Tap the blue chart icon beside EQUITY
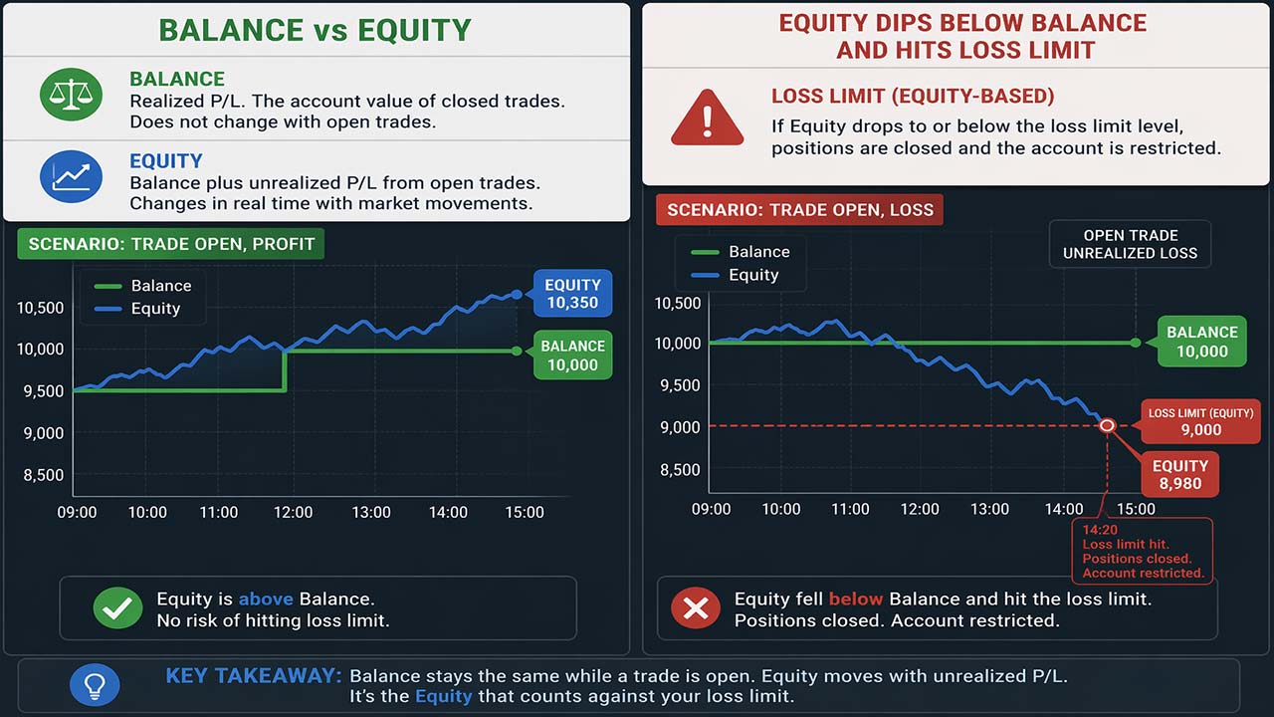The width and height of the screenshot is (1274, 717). pyautogui.click(x=71, y=177)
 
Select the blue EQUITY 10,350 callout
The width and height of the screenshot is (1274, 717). pyautogui.click(x=572, y=294)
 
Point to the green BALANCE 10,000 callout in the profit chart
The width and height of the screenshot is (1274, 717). pyautogui.click(x=572, y=356)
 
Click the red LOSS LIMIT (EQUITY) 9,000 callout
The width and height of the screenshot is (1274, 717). pyautogui.click(x=1200, y=421)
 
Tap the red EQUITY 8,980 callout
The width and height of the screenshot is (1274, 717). pyautogui.click(x=1179, y=475)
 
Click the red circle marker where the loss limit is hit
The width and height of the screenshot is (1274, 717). pyautogui.click(x=1107, y=425)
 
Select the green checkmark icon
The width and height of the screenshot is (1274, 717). pyautogui.click(x=117, y=608)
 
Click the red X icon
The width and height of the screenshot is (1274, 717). pyautogui.click(x=696, y=608)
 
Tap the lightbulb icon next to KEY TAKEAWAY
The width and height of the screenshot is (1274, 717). pyautogui.click(x=95, y=685)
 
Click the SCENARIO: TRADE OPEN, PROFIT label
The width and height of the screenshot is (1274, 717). pyautogui.click(x=170, y=244)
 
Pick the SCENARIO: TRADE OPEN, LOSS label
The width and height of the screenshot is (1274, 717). pyautogui.click(x=799, y=210)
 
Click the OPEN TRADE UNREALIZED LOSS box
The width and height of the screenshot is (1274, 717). pyautogui.click(x=1130, y=244)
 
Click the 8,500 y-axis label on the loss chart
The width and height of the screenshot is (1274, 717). pyautogui.click(x=680, y=469)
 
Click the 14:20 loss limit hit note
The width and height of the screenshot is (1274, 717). pyautogui.click(x=1143, y=551)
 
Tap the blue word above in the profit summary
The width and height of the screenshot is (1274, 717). pyautogui.click(x=265, y=599)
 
